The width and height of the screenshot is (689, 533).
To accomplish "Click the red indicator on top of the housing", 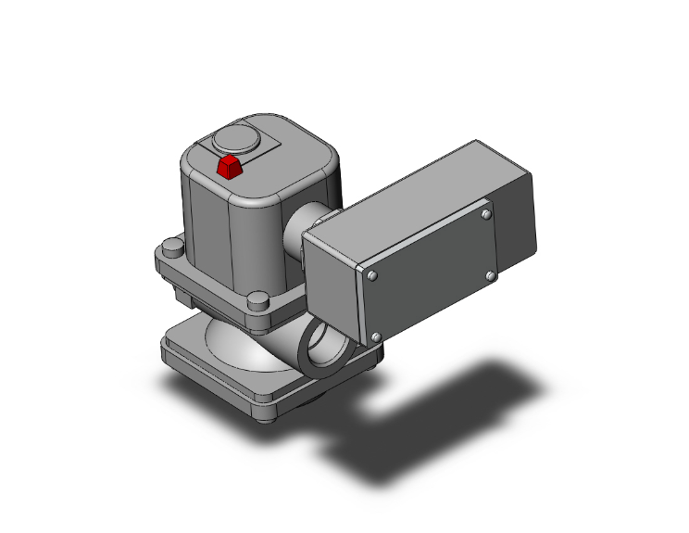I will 228,167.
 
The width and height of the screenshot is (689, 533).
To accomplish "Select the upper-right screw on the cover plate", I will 487,215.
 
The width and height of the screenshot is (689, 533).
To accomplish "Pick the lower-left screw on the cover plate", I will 376,336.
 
